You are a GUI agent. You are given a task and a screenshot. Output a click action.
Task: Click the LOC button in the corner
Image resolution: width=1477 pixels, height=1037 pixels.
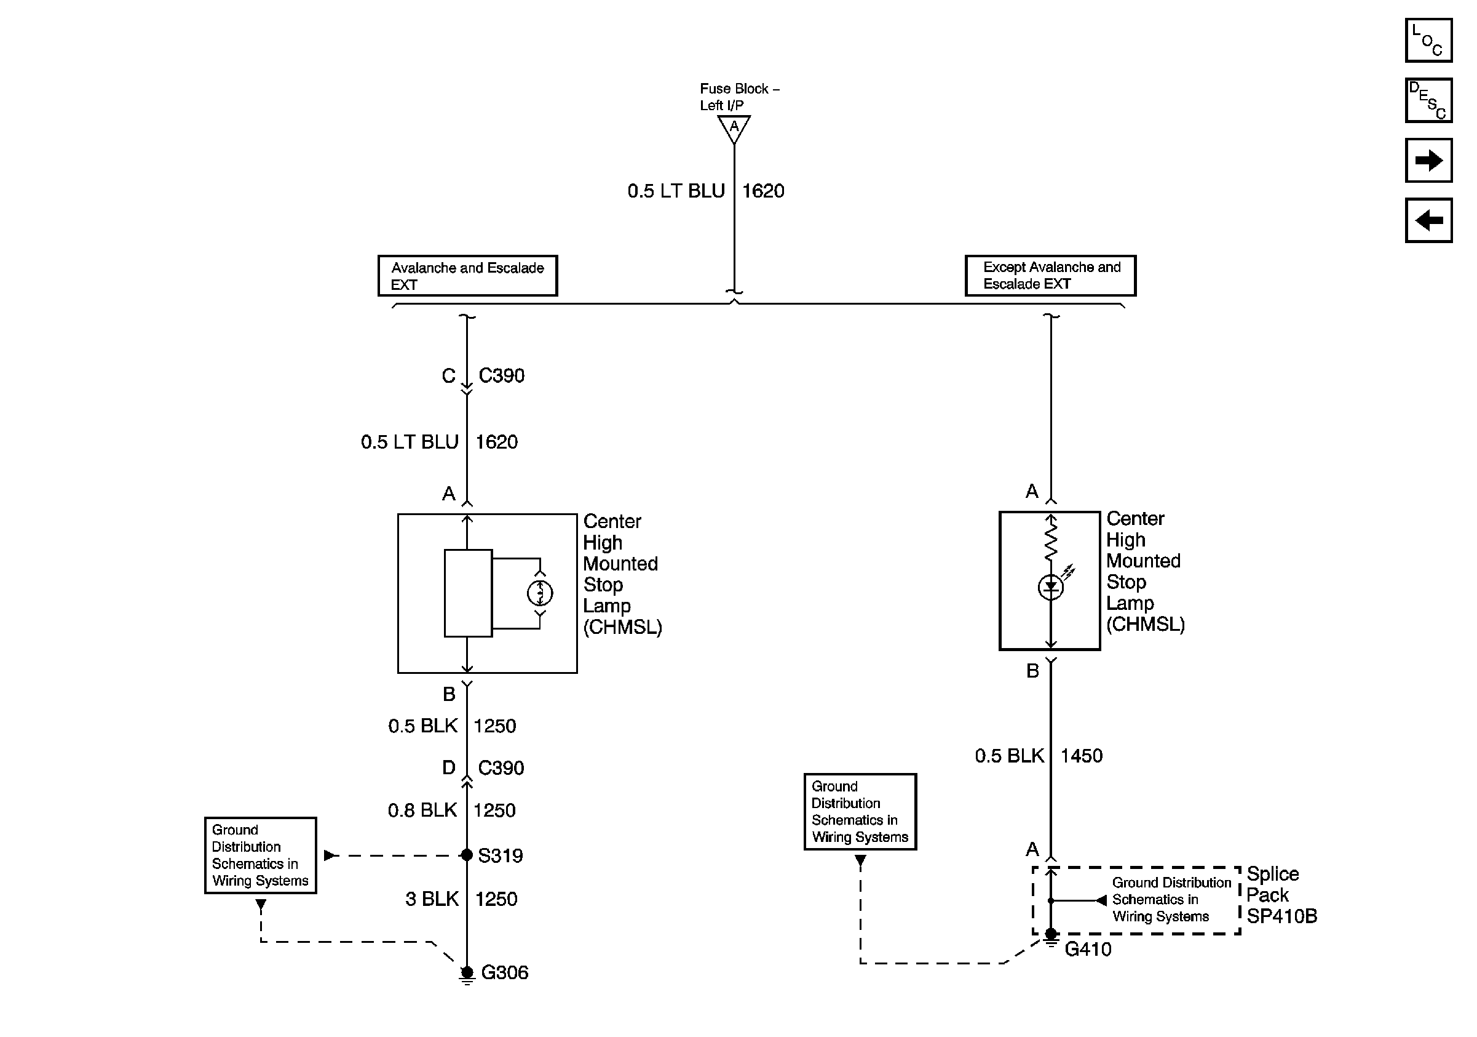click(x=1427, y=41)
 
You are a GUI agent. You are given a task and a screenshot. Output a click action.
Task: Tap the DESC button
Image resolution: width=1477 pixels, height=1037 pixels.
click(x=1427, y=100)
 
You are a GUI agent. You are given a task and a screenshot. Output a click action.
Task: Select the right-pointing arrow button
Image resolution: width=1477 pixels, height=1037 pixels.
click(x=1427, y=160)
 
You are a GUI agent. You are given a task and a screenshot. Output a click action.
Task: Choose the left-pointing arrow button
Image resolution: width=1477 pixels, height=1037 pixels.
click(x=1427, y=221)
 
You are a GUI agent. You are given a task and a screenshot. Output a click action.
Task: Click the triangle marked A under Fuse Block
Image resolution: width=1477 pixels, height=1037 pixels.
click(x=734, y=127)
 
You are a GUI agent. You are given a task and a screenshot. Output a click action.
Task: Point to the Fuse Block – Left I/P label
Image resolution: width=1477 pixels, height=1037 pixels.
click(x=738, y=97)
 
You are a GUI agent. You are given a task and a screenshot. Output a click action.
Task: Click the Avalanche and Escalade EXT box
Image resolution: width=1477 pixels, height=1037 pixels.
click(x=467, y=276)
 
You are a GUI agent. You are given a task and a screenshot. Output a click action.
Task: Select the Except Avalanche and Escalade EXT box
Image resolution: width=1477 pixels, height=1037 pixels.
click(x=1050, y=276)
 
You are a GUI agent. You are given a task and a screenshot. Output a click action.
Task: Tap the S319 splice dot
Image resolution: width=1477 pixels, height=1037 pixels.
click(x=467, y=855)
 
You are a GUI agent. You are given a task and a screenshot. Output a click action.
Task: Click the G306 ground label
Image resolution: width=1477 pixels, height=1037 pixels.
click(x=504, y=972)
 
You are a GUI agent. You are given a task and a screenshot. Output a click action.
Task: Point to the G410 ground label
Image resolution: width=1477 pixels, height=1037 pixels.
click(x=1087, y=950)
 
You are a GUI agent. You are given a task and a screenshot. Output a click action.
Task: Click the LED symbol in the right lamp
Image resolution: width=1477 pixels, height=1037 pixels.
click(x=1050, y=587)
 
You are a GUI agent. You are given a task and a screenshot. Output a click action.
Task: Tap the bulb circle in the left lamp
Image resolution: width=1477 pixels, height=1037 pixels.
click(x=540, y=593)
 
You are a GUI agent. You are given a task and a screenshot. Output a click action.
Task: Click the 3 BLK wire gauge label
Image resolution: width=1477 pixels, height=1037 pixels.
click(x=432, y=899)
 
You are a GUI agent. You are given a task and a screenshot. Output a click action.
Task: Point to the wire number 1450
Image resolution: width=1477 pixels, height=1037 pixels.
click(x=1081, y=756)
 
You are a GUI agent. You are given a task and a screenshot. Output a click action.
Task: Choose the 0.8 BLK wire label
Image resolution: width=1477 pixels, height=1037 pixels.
click(x=422, y=810)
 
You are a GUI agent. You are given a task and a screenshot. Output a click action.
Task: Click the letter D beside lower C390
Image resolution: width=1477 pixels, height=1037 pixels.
click(x=448, y=767)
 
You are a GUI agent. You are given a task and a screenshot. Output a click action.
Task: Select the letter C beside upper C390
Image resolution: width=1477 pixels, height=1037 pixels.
click(x=448, y=375)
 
